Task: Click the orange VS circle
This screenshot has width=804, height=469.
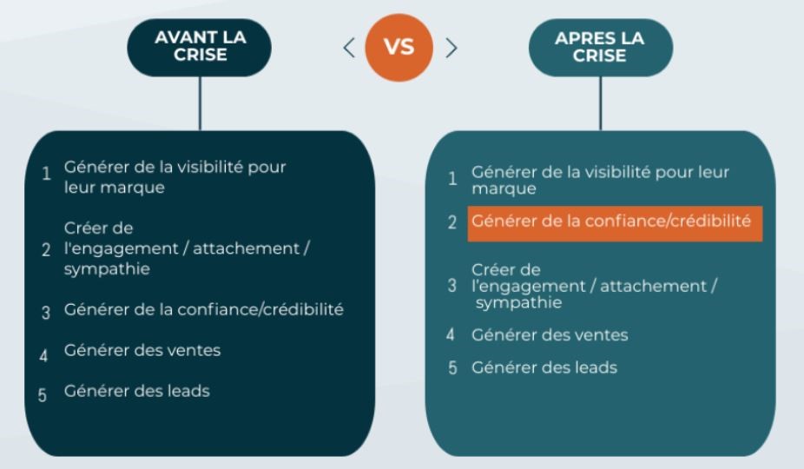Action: tap(399, 47)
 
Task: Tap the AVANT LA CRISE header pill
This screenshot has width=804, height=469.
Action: tap(201, 47)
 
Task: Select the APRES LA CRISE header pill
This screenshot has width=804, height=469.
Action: tap(601, 47)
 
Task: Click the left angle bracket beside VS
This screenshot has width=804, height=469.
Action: tap(349, 47)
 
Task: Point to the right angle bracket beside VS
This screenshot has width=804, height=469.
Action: tap(451, 47)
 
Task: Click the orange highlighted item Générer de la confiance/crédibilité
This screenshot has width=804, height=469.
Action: tap(611, 221)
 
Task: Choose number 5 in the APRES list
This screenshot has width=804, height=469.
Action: tap(452, 368)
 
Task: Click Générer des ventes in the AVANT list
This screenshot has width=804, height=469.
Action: tap(142, 351)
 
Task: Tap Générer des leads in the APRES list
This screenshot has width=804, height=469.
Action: tap(544, 367)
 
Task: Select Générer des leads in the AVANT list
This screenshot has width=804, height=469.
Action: tap(136, 391)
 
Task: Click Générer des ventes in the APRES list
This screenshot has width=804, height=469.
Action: tap(549, 334)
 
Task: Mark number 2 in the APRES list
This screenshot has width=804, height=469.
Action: tap(452, 222)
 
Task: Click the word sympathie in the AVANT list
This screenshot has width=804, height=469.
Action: tap(106, 269)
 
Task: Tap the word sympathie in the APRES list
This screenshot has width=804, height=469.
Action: tap(517, 303)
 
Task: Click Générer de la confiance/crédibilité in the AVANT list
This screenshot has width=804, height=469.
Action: tap(203, 310)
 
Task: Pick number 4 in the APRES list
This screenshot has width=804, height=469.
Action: tap(451, 335)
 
